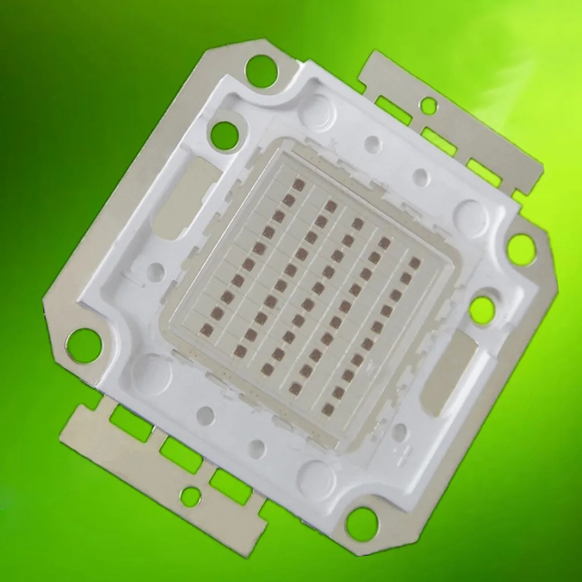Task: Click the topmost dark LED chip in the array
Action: point(299,185)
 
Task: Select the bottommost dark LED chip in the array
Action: point(327,409)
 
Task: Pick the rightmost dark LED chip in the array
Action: point(415,262)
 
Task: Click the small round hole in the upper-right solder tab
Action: point(428,105)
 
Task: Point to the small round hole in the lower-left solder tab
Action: point(190,496)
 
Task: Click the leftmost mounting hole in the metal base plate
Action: point(83,346)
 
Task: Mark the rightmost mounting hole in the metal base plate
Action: point(521,249)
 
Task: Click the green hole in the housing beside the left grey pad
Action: point(224,136)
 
